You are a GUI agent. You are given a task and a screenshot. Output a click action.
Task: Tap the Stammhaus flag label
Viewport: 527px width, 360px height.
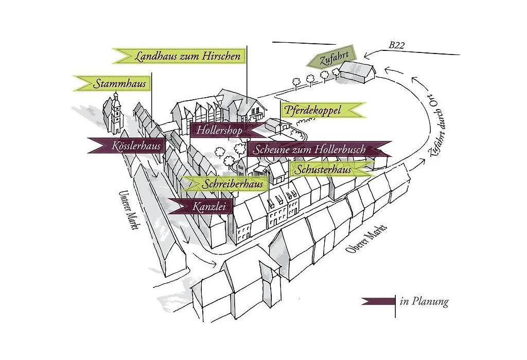pos(112,83)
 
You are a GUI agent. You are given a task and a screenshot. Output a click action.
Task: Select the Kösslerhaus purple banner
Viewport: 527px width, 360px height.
pos(128,146)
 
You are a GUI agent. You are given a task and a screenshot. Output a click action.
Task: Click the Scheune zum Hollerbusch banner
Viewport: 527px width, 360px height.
pos(319,149)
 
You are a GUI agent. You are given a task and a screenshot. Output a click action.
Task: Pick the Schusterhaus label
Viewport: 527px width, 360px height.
pos(331,169)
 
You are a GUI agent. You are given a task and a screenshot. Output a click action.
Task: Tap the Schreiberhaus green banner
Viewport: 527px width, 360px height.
pos(223,184)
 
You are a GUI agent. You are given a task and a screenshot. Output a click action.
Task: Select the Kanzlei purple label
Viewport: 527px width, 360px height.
pos(200,206)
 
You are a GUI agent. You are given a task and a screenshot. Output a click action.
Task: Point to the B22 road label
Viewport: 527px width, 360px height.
pos(397,45)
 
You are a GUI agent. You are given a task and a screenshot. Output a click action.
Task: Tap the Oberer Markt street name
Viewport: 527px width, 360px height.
pos(366,239)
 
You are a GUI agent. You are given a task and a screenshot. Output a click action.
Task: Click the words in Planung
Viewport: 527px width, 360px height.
pos(424,301)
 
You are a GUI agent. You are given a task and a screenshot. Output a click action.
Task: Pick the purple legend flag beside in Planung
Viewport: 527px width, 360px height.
pos(378,301)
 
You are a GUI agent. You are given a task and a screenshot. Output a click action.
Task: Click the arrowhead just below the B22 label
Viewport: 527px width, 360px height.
pos(367,55)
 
